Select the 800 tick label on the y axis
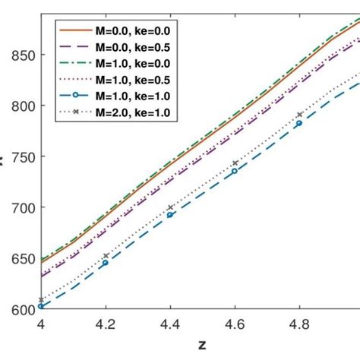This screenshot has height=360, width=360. coord(16,106)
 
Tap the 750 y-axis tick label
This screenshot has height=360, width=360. coord(16,157)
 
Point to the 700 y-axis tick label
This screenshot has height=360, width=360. coord(16,208)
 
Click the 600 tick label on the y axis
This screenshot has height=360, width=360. coord(16,309)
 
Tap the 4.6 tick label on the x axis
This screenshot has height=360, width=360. coord(235,324)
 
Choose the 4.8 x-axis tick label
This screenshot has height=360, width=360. coord(299,324)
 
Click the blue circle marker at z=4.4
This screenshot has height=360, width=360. coord(170,215)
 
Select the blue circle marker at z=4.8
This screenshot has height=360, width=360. coord(299,123)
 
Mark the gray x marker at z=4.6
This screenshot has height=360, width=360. coord(235,163)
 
